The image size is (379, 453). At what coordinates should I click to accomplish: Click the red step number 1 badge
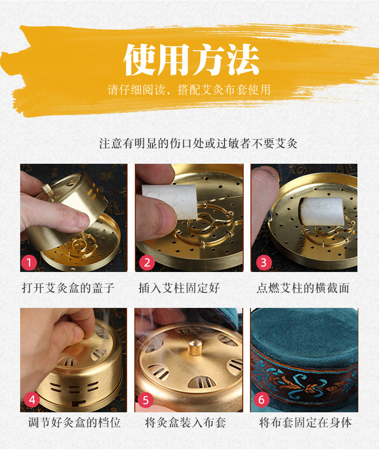click(29, 262)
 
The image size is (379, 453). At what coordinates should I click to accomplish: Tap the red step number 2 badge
click(147, 262)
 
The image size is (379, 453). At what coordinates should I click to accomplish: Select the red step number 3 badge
click(264, 262)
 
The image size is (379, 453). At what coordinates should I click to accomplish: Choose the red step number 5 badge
click(145, 400)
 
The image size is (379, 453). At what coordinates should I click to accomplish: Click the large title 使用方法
click(191, 59)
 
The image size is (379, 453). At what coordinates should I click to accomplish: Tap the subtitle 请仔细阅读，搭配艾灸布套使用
click(189, 90)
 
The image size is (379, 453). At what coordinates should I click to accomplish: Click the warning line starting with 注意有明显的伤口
click(198, 143)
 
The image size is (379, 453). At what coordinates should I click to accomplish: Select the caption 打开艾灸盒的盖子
click(68, 288)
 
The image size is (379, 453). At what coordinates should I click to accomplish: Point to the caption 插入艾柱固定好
click(179, 288)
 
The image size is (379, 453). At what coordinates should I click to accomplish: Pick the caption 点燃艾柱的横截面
click(303, 288)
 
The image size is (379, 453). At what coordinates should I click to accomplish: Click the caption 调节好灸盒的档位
click(74, 423)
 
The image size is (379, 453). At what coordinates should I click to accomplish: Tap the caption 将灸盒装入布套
click(186, 423)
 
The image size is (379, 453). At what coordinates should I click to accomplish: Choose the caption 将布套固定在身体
click(306, 423)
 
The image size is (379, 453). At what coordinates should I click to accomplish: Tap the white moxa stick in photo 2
click(170, 201)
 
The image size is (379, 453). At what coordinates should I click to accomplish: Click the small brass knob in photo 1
click(47, 189)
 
